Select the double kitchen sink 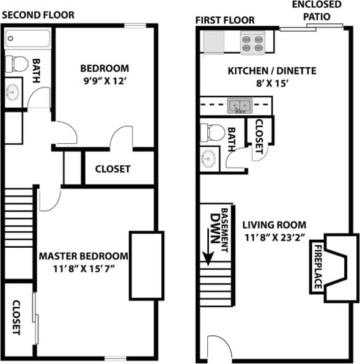239,106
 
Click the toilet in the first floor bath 210,132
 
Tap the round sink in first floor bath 209,158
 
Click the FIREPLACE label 318,267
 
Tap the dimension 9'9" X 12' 105,80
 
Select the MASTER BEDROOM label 84,256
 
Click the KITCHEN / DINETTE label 272,71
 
